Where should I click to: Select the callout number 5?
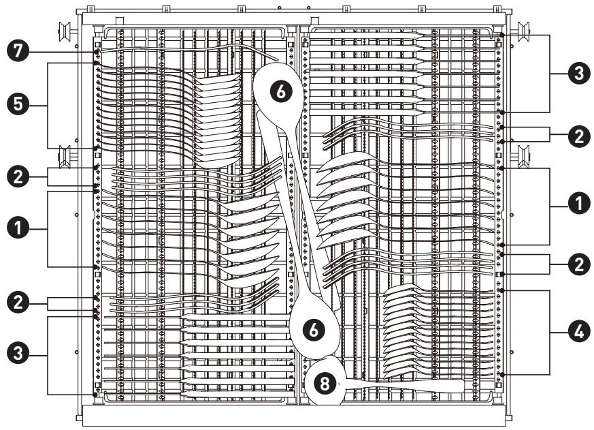point(18,105)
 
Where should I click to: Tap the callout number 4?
point(579,333)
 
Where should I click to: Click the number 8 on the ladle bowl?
point(325,383)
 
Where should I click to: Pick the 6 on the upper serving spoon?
point(281,91)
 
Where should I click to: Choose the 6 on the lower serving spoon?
point(314,330)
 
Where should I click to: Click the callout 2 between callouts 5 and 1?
point(18,177)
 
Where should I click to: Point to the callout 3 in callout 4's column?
point(579,73)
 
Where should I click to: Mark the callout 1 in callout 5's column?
point(18,229)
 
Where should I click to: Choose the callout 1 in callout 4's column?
point(579,204)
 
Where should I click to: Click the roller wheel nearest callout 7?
point(64,31)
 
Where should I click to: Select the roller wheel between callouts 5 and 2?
point(64,156)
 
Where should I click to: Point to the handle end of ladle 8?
point(463,386)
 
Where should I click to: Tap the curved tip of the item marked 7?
point(277,59)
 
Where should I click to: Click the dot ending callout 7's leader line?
point(97,51)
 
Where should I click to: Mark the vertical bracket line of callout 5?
point(48,106)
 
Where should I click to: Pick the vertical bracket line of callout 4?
point(550,333)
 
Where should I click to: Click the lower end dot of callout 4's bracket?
point(502,375)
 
